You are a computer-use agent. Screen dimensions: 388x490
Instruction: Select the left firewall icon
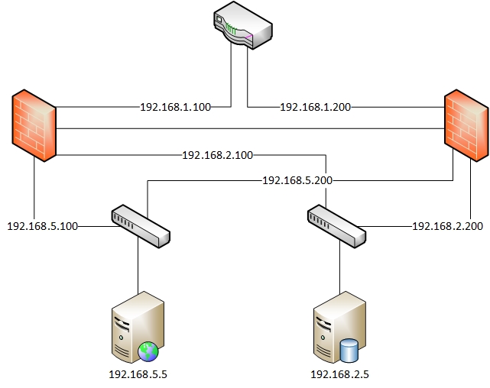click(33, 126)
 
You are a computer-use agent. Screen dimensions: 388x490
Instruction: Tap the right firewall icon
click(466, 126)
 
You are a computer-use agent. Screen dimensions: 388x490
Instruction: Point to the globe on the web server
click(148, 351)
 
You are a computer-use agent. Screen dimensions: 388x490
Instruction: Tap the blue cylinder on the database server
click(349, 351)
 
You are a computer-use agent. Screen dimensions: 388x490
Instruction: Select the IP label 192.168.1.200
click(316, 107)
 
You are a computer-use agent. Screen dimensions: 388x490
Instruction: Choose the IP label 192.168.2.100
click(217, 156)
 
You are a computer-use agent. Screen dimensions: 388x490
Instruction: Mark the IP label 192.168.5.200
click(297, 181)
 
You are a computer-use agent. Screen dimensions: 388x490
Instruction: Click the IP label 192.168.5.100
click(42, 226)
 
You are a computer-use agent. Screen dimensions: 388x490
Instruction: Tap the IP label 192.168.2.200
click(447, 226)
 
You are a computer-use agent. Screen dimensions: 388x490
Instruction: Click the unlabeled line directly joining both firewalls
click(252, 128)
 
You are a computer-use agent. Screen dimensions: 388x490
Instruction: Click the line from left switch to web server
click(138, 267)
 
